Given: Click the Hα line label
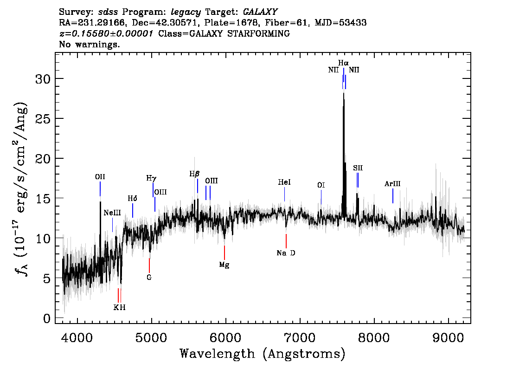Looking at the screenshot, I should tap(343, 63).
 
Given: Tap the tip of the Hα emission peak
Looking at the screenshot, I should tap(343, 93).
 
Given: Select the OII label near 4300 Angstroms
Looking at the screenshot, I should tap(100, 177).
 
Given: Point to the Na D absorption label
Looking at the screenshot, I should tap(286, 253).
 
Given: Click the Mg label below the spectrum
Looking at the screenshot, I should tap(225, 265).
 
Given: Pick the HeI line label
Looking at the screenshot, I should tap(284, 183).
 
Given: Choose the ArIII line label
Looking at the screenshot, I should tap(392, 184).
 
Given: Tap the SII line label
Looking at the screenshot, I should tap(358, 168).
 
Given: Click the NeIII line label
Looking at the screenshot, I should tap(112, 213).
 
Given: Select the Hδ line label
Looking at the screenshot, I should tap(133, 199).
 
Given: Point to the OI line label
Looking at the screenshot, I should tap(321, 185).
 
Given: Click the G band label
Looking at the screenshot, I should tap(149, 278).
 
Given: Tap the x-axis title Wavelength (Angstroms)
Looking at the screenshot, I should tap(263, 354).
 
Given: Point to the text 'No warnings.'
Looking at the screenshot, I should tap(90, 45).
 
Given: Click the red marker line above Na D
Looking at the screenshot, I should tap(286, 241).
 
